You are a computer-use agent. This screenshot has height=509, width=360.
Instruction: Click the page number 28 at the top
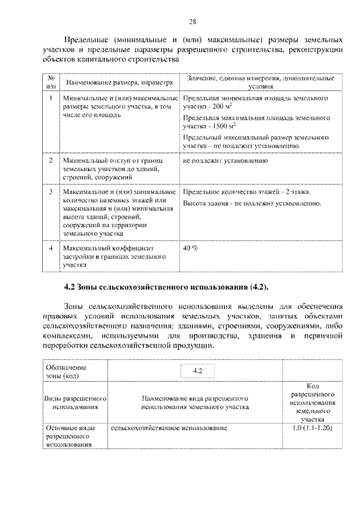click(x=192, y=22)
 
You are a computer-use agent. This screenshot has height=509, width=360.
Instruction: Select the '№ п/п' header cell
click(x=51, y=83)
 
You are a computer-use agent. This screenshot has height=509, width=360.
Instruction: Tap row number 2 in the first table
click(x=51, y=161)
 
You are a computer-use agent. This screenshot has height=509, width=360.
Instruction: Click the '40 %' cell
click(x=190, y=247)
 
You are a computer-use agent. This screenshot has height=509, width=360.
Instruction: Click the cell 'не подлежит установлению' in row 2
click(x=224, y=161)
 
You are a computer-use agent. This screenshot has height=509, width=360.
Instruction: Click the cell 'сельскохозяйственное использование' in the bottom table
click(x=169, y=429)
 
